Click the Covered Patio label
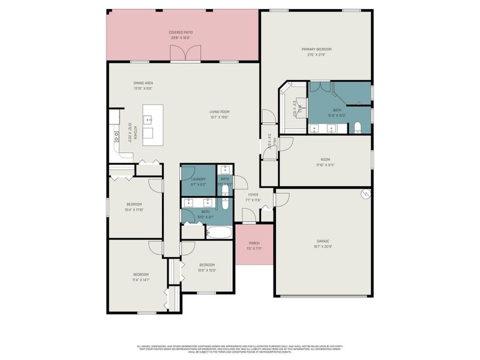click(181, 32)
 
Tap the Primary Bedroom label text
click(316, 49)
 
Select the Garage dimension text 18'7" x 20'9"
click(323, 247)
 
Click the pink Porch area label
click(254, 243)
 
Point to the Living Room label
click(220, 112)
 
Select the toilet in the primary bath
click(358, 127)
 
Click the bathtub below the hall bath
click(220, 232)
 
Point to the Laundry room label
click(199, 179)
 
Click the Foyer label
click(253, 195)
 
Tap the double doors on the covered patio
click(185, 54)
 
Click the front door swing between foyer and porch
click(248, 215)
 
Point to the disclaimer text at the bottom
click(240, 349)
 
